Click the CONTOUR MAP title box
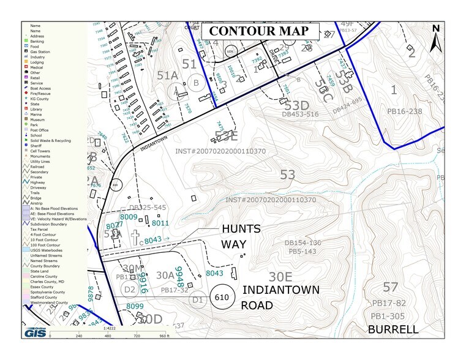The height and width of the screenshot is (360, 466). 261,32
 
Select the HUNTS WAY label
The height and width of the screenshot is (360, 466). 241,236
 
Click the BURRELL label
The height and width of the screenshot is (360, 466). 393,329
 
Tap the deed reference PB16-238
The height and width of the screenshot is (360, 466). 405,111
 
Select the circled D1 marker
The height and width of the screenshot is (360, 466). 197,300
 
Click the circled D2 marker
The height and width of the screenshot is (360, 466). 129,289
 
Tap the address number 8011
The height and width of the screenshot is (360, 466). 160,223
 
